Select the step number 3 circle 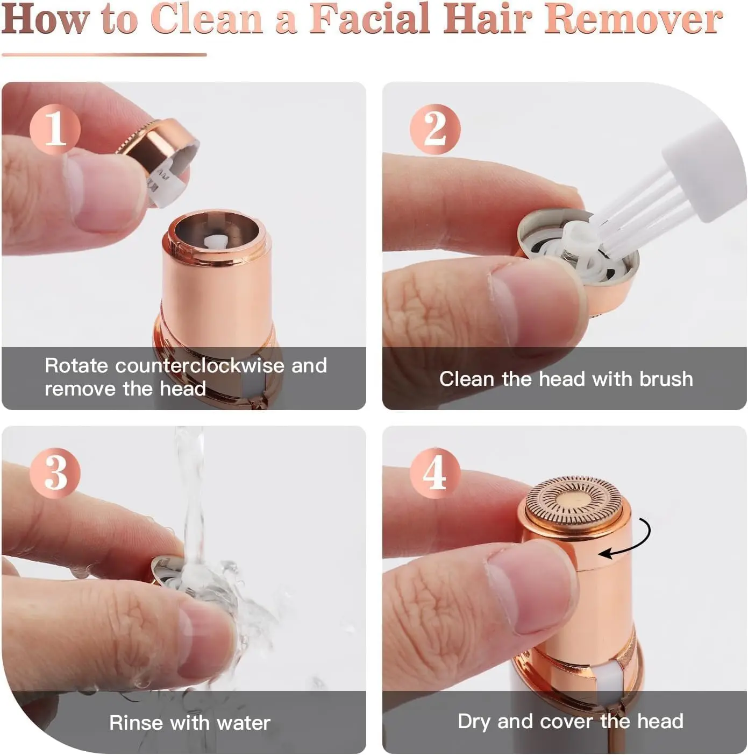click(55, 473)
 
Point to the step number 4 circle click(434, 473)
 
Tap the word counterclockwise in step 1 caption click(200, 366)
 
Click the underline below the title click(104, 54)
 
